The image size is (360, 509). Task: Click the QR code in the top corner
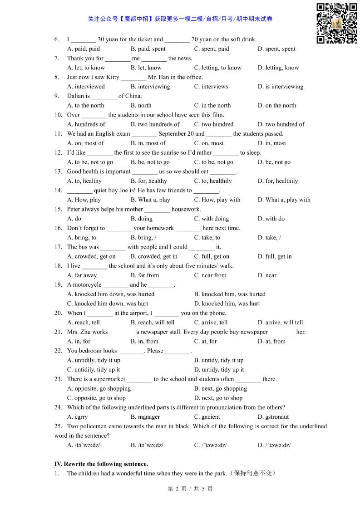[x=336, y=24]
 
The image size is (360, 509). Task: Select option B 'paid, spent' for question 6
[x=148, y=49]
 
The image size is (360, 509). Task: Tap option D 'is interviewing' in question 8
[x=280, y=87]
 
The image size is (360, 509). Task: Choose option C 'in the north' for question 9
[x=212, y=106]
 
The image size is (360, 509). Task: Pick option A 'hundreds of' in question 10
[x=86, y=124]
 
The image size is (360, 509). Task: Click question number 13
[x=58, y=171]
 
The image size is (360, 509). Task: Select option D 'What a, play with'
[x=284, y=200]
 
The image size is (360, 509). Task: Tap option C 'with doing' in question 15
[x=212, y=219]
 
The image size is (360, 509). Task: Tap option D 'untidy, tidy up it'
[x=219, y=370]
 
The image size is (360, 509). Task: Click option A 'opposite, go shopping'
[x=99, y=389]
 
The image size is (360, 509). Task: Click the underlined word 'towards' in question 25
[x=134, y=426]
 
